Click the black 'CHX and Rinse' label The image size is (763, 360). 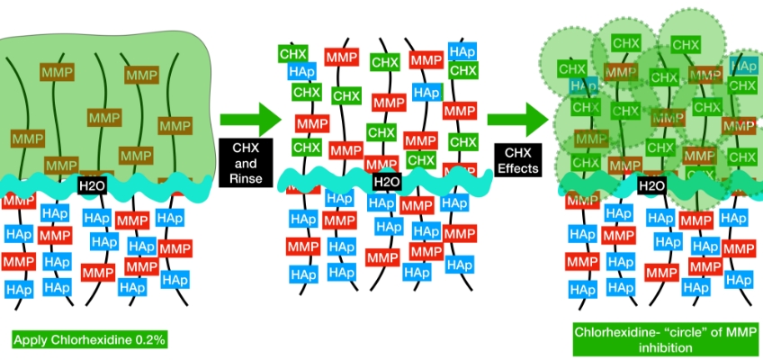pos(246,164)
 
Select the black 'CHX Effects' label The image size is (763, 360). pos(521,160)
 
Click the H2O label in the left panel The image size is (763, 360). pos(92,185)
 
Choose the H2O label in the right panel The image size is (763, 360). pos(651,185)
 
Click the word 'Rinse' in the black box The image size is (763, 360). pos(246,178)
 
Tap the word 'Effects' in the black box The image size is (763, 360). pos(521,167)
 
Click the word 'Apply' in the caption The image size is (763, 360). pos(31,340)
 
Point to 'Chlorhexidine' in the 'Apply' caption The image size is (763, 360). pos(88,340)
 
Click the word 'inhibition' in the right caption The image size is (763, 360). pos(665,346)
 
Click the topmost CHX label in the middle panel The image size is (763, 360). pos(293,53)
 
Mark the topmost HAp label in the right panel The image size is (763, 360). pos(743,66)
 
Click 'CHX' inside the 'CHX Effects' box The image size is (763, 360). pos(521,153)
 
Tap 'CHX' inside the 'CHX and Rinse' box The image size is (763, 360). pos(246,149)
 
